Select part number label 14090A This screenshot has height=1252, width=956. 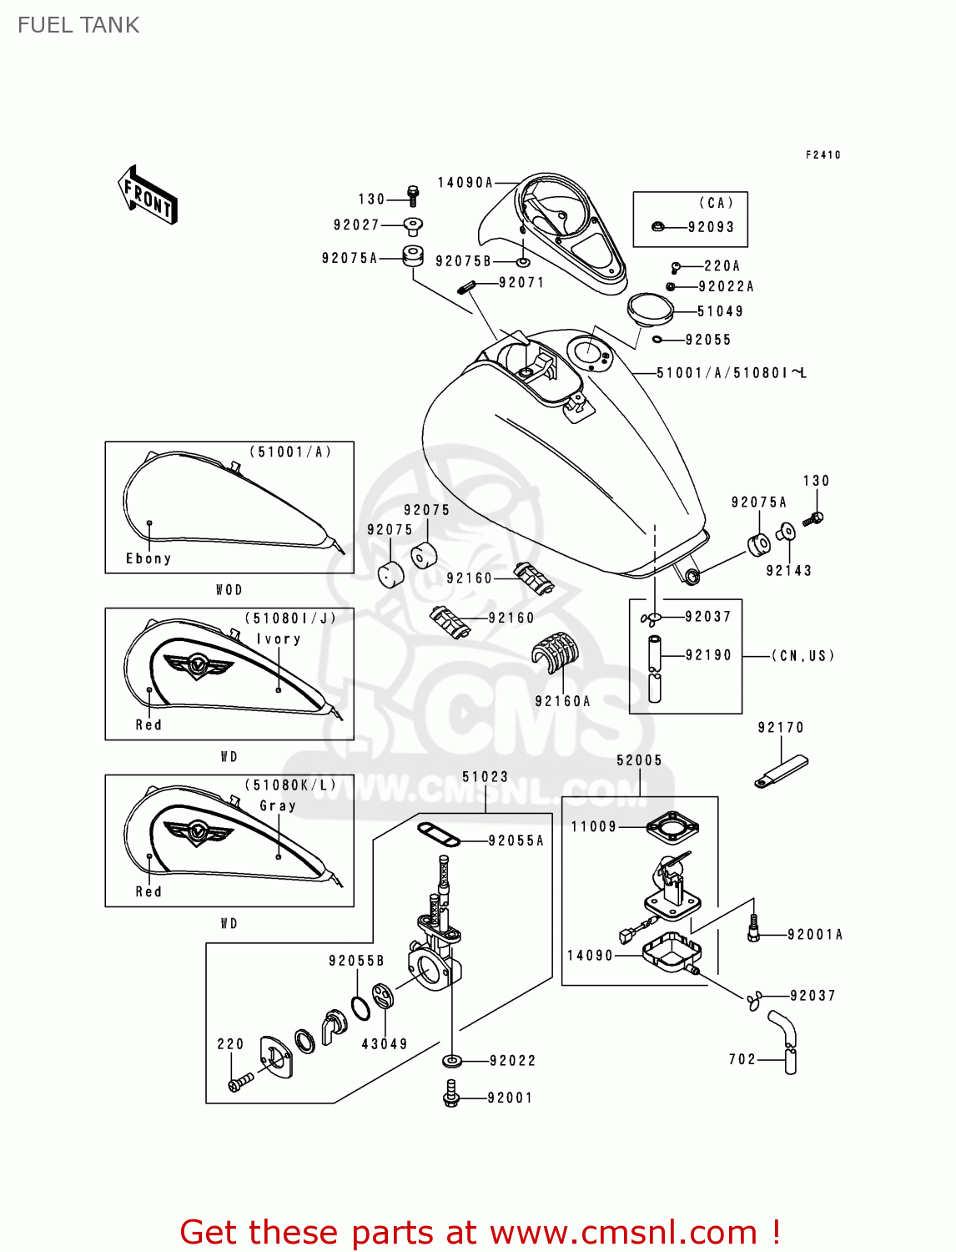pyautogui.click(x=465, y=182)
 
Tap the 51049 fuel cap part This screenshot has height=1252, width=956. pyautogui.click(x=650, y=309)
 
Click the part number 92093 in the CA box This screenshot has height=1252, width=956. pyautogui.click(x=711, y=227)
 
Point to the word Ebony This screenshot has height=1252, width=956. pyautogui.click(x=148, y=558)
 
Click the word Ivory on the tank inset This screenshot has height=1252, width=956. pyautogui.click(x=278, y=639)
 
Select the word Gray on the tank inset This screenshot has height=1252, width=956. pyautogui.click(x=278, y=805)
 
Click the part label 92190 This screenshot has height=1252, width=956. pyautogui.click(x=708, y=655)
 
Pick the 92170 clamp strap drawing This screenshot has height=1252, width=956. pyautogui.click(x=782, y=771)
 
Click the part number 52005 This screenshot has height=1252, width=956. pyautogui.click(x=639, y=760)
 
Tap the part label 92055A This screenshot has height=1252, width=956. pyautogui.click(x=516, y=841)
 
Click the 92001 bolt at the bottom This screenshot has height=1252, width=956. pyautogui.click(x=451, y=1093)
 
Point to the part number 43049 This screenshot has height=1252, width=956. pyautogui.click(x=385, y=1044)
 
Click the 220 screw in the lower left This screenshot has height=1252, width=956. pyautogui.click(x=240, y=1082)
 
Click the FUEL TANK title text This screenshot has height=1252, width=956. pyautogui.click(x=78, y=25)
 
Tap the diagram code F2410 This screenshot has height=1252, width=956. pyautogui.click(x=823, y=154)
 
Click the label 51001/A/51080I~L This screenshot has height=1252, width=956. pyautogui.click(x=732, y=373)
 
